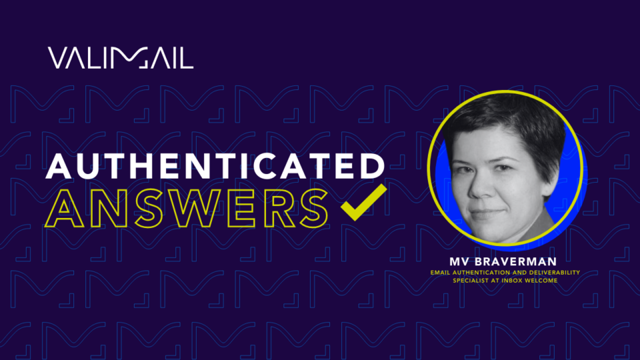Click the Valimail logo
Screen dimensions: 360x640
click(120, 58)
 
